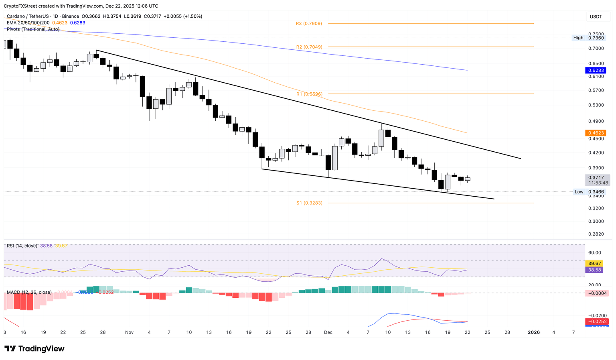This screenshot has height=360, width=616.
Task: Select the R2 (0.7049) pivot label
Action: (309, 47)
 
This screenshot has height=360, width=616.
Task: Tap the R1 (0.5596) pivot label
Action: (309, 94)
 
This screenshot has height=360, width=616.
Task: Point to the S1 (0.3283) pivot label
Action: (309, 203)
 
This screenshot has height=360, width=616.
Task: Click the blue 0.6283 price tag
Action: (596, 70)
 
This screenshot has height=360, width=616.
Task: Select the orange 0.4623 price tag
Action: (596, 133)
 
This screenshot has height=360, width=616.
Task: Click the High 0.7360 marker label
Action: (588, 38)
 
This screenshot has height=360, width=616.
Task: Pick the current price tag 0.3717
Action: (596, 177)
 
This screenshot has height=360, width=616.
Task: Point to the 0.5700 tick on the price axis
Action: (596, 90)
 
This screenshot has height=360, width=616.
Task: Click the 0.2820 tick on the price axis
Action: (596, 234)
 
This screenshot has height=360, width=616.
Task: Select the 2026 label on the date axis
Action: (533, 332)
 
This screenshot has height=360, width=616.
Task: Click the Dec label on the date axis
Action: (328, 332)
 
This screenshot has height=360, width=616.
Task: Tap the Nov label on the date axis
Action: (129, 332)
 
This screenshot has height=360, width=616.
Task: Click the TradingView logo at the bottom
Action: (34, 349)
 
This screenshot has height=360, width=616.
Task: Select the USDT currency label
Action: (596, 16)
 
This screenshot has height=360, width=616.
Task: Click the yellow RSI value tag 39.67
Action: (596, 263)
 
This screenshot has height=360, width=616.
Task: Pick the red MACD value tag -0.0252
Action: (597, 321)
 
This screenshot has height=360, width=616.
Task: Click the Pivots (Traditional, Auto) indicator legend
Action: (33, 29)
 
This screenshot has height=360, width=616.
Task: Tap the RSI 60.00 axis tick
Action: (595, 252)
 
